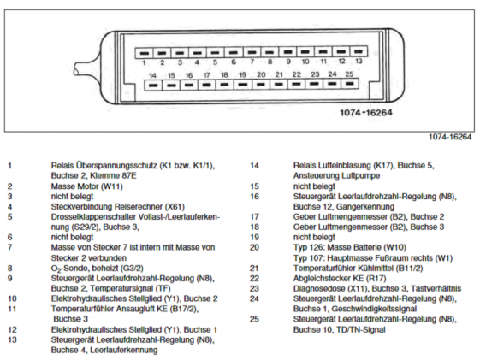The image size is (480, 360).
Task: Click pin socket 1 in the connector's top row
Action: [145, 53]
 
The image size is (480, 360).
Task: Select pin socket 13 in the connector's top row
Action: [359, 51]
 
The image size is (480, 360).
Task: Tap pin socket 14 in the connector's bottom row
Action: [153, 85]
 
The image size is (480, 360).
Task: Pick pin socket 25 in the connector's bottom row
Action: [350, 83]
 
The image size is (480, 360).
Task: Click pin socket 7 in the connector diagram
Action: [252, 52]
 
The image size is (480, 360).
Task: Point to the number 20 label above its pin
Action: [261, 74]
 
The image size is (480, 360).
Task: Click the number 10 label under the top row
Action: [305, 62]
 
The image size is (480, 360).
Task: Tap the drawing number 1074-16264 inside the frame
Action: [366, 113]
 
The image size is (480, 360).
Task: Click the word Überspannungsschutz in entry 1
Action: [117, 166]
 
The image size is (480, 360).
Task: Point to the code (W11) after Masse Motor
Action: [112, 186]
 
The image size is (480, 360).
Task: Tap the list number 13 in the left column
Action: [12, 339]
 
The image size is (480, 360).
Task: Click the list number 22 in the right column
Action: [254, 278]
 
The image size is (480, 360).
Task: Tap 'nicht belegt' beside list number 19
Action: [314, 237]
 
